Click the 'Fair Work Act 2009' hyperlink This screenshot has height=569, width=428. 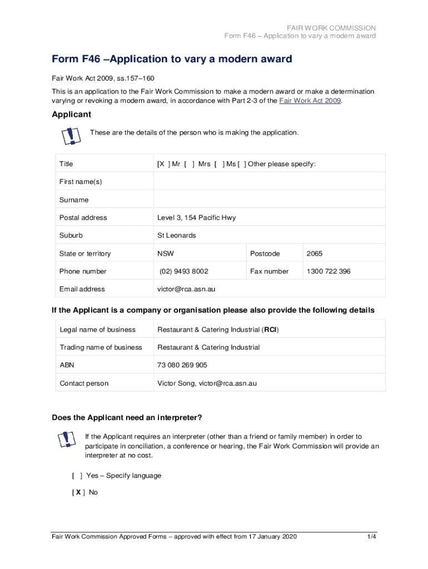coord(310,101)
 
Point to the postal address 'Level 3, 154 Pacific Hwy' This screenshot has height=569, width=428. coord(196,218)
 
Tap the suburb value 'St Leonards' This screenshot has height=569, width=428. coord(177,236)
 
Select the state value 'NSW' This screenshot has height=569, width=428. coord(166,253)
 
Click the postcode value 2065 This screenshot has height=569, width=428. coord(314,253)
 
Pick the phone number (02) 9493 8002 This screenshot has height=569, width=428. coord(184,271)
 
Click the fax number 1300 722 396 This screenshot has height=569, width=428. coord(329,271)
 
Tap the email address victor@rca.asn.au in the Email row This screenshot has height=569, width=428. coord(186,289)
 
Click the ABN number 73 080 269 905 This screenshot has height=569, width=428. coord(182,365)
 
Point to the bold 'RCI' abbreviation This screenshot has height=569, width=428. coord(271,330)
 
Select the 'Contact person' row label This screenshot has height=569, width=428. coord(84,383)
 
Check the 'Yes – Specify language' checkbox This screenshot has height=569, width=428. coord(77,476)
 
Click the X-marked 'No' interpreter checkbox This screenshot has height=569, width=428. coord(78,492)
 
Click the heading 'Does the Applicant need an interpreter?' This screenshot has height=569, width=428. coord(127,418)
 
